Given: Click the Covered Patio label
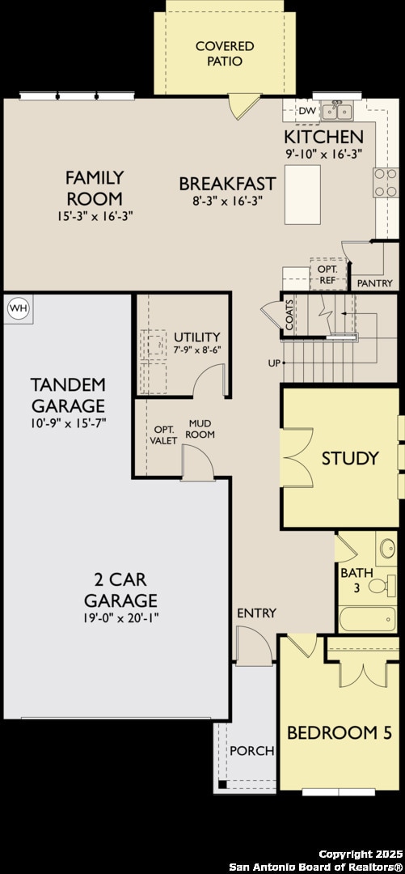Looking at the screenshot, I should [x=224, y=53].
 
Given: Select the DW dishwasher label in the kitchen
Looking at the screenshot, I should [x=306, y=111].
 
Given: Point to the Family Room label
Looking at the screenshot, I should [x=95, y=188].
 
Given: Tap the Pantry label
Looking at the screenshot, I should [x=374, y=283].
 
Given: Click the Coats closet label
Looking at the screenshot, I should [x=289, y=314].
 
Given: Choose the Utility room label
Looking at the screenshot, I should [x=196, y=337].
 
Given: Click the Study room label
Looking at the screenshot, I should [x=350, y=458].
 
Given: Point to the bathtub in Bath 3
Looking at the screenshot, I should [x=367, y=620].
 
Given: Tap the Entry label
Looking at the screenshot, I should [x=256, y=613].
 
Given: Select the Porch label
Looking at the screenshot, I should [x=251, y=750].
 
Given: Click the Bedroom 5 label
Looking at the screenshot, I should [x=340, y=733].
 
